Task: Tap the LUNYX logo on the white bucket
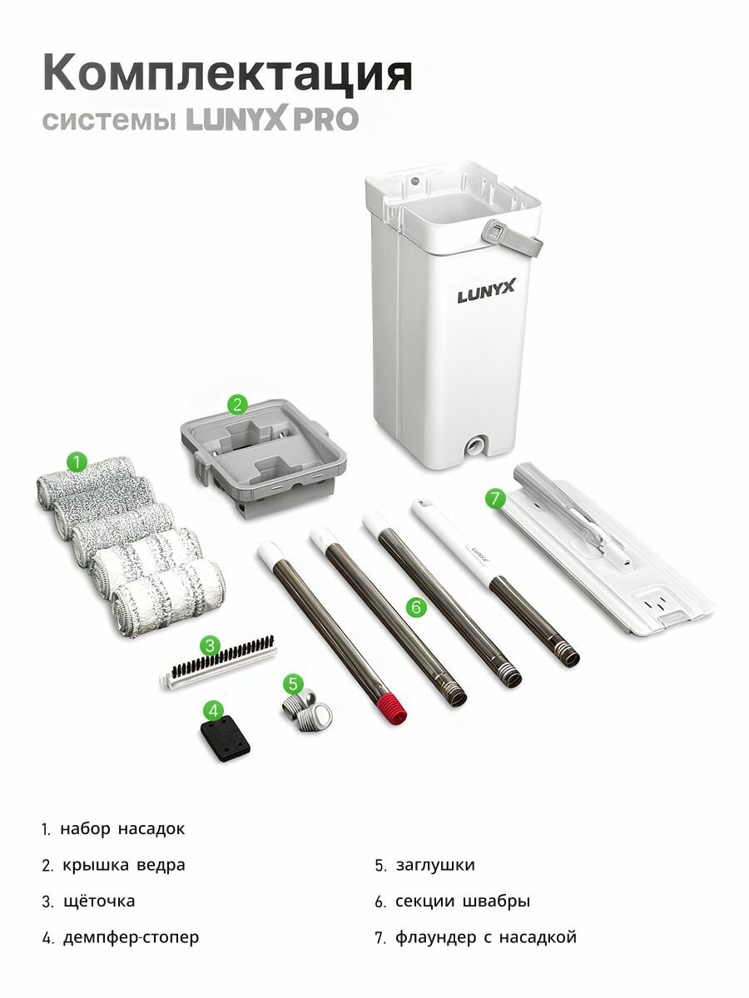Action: [x=486, y=292]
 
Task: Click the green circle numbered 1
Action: [x=77, y=462]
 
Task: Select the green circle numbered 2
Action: [x=237, y=404]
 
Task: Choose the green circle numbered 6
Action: [x=417, y=606]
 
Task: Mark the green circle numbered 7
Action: [x=495, y=498]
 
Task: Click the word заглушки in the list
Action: [x=435, y=865]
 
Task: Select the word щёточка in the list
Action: [x=99, y=902]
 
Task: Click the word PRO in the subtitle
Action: [x=325, y=120]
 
